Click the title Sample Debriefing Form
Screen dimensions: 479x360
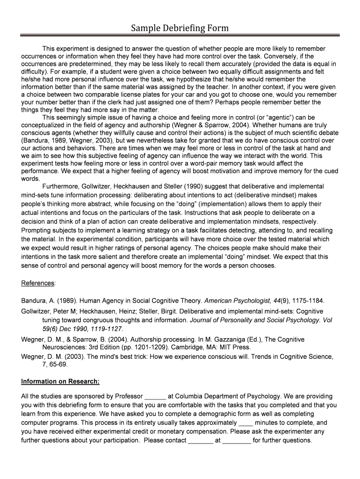coord(180,28)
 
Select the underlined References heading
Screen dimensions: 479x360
coord(38,283)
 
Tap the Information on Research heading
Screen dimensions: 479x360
coord(60,381)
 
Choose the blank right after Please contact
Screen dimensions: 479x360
coord(200,441)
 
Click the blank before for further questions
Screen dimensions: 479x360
coord(237,441)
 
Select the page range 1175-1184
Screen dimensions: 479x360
coord(305,300)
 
